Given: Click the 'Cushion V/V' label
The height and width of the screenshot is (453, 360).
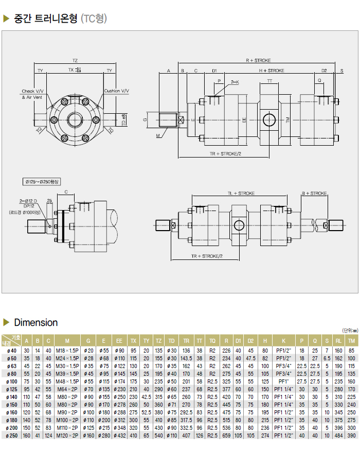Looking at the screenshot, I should [x=116, y=91].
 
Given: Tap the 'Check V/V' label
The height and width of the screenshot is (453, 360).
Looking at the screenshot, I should [x=33, y=91].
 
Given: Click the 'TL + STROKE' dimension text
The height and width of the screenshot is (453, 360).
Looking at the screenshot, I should [x=241, y=194].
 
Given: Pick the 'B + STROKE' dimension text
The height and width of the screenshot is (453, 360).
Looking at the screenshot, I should [x=314, y=194].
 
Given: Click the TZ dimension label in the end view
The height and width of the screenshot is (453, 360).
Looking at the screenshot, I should [x=75, y=60].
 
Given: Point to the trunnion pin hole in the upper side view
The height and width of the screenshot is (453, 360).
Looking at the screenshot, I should [x=269, y=120].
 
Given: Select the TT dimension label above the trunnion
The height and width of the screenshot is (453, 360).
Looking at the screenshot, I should [x=269, y=82].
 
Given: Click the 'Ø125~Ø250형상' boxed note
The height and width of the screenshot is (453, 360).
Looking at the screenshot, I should [x=42, y=182].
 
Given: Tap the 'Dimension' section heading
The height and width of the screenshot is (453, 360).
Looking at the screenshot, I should [x=36, y=323].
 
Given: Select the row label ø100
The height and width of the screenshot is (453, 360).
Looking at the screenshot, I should [x=10, y=381].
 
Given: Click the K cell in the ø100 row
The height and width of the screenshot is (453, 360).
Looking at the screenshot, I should [x=283, y=381].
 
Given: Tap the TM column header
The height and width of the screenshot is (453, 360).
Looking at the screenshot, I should [x=351, y=340].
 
